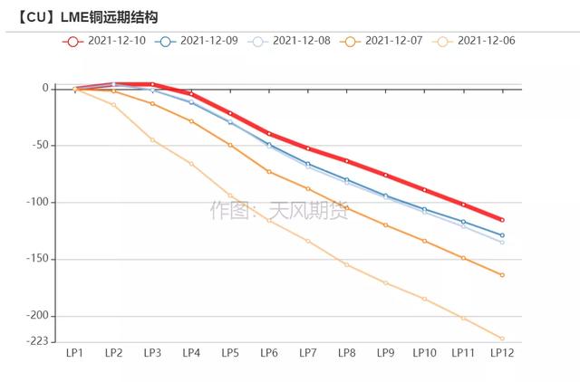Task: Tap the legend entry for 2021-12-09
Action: [199, 41]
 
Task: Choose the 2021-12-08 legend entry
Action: [292, 41]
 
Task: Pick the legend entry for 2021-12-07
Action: [384, 41]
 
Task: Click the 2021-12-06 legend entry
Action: [477, 41]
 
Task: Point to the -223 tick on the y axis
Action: [37, 340]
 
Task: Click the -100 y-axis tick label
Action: [37, 203]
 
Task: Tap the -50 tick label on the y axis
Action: [40, 146]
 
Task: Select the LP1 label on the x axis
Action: [74, 353]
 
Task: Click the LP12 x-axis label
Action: [502, 353]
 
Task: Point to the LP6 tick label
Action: [269, 353]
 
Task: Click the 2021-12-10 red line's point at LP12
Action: [502, 220]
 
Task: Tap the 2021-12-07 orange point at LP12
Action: [502, 275]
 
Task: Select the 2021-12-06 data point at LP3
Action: [152, 139]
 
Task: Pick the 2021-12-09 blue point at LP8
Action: [346, 180]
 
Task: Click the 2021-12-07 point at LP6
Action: [269, 172]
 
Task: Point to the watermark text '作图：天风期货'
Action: [272, 211]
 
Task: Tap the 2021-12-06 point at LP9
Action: [385, 283]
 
